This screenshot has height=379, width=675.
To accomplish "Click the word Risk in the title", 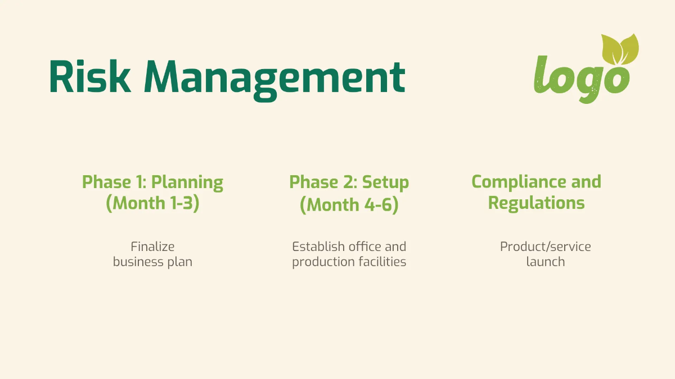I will pyautogui.click(x=89, y=76).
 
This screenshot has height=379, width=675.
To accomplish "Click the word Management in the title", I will pyautogui.click(x=274, y=77).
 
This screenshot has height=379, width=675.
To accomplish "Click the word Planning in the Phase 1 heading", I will pyautogui.click(x=187, y=182).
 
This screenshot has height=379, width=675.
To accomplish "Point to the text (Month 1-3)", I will pyautogui.click(x=152, y=203).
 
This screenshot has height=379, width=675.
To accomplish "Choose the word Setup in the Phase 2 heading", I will pyautogui.click(x=385, y=182).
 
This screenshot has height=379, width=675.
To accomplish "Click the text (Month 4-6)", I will pyautogui.click(x=349, y=205).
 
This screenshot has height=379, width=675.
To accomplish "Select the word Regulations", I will pyautogui.click(x=536, y=203).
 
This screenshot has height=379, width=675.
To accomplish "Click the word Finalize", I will pyautogui.click(x=152, y=246).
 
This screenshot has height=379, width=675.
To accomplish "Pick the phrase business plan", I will pyautogui.click(x=152, y=262).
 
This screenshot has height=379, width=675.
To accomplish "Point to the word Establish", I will pyautogui.click(x=318, y=246).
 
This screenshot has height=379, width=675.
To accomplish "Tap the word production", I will pyautogui.click(x=322, y=262).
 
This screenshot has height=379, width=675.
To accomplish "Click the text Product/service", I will pyautogui.click(x=545, y=246).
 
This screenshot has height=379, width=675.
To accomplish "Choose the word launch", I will pyautogui.click(x=545, y=262).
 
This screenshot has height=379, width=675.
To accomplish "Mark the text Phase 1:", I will pyautogui.click(x=114, y=182).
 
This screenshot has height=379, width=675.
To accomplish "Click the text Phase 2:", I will pyautogui.click(x=323, y=182).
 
